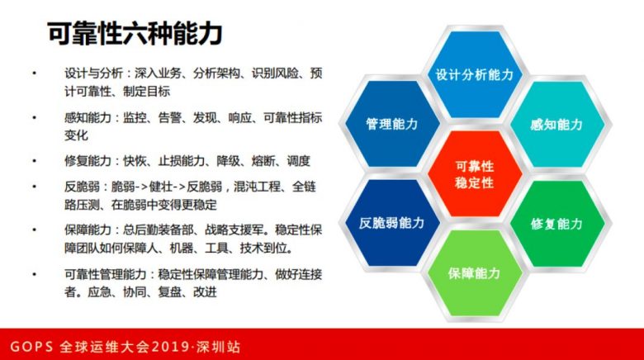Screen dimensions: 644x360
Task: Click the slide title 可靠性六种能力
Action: point(135,33)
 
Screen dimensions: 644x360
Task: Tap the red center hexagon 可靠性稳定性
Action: point(475,174)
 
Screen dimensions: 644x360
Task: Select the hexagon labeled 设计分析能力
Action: point(475,75)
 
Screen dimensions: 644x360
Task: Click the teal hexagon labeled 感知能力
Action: point(557,125)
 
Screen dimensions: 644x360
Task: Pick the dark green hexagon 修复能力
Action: point(557,224)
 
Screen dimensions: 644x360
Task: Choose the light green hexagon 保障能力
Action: point(475,273)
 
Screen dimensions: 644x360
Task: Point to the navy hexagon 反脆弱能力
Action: point(392,223)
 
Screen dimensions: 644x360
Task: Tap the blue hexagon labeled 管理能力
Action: point(392,124)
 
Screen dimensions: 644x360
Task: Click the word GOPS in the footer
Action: point(31,347)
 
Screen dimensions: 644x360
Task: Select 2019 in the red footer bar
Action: point(168,347)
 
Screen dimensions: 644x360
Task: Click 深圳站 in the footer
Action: point(218,347)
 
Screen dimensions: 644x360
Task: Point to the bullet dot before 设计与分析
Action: point(34,73)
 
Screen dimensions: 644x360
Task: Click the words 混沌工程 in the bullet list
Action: point(257,187)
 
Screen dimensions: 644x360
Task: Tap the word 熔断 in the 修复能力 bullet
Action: point(263,161)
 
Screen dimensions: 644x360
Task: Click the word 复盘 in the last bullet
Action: point(169,292)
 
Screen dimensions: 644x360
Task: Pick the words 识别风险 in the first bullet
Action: point(275,73)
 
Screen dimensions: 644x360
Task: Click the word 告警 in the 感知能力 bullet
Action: point(169,118)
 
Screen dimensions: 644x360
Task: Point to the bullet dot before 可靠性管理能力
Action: point(34,274)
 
